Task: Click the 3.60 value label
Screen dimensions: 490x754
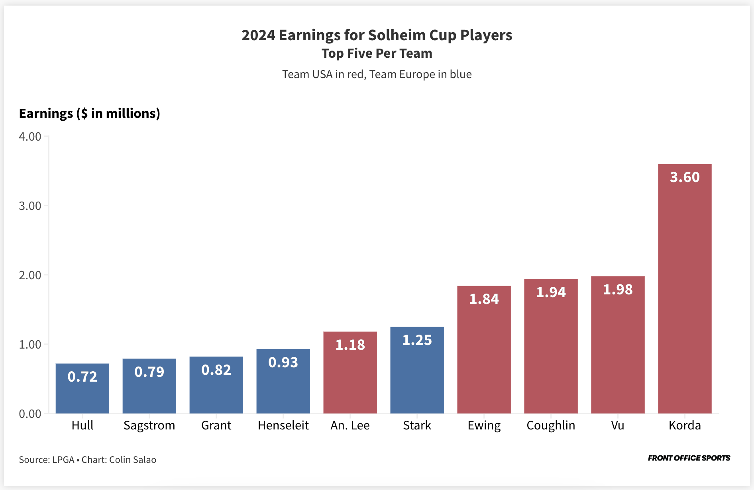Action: point(685,177)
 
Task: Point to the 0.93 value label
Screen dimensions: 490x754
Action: point(283,363)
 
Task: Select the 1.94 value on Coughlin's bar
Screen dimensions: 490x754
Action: point(551,292)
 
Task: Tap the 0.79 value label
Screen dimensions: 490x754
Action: point(149,372)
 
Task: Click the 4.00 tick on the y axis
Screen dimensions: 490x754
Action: point(30,137)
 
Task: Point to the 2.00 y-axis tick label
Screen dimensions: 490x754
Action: point(30,275)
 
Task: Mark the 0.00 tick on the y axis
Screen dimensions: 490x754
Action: point(30,414)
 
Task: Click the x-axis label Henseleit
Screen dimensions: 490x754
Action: point(283,425)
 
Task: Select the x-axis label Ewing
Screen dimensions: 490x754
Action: point(484,425)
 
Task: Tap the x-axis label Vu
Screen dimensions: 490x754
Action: point(618,425)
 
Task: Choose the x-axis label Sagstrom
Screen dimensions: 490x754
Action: point(149,425)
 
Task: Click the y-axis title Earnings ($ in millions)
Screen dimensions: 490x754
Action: point(90,114)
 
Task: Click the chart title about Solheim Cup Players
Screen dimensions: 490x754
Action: point(377,35)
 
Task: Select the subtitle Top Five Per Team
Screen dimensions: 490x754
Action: point(377,53)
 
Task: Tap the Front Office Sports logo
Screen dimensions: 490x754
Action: point(689,458)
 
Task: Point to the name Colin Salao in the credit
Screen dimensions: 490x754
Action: point(133,460)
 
